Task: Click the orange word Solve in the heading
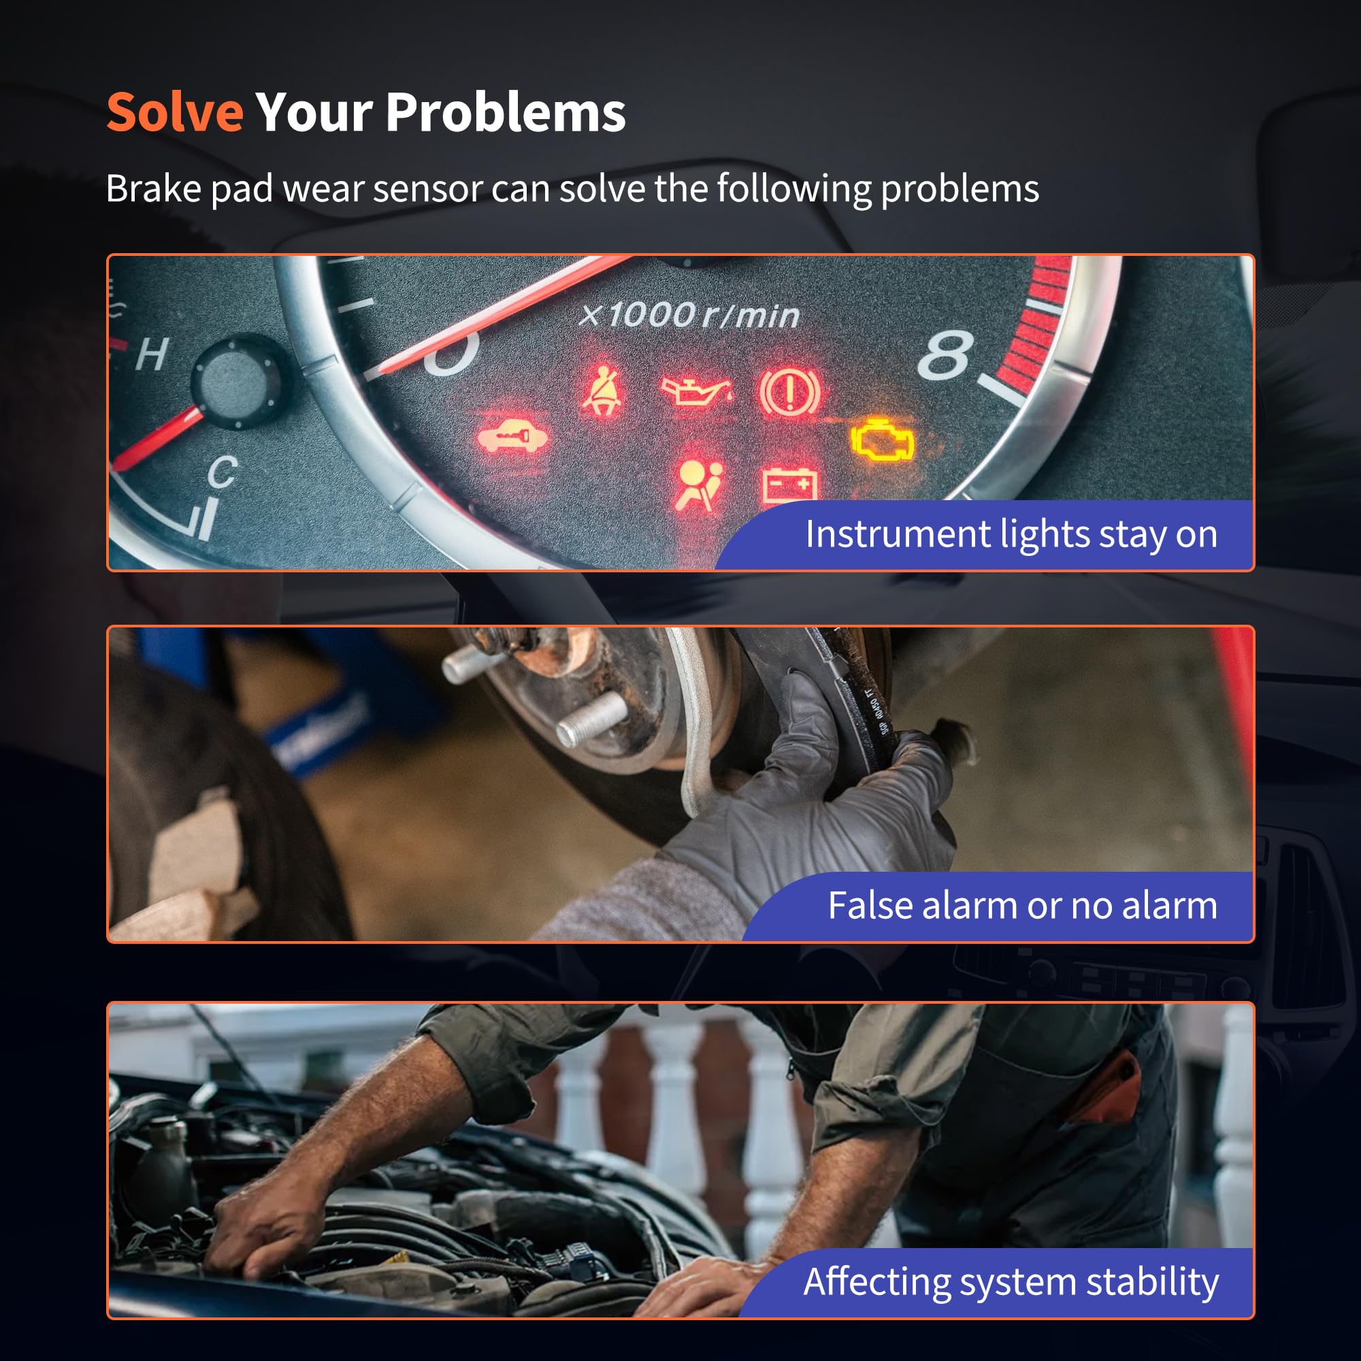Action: pos(175,112)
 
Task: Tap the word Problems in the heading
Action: pos(506,112)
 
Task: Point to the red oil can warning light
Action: pos(696,391)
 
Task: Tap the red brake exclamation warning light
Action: pos(789,392)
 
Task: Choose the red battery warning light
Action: pos(790,485)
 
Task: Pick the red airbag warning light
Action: pos(698,485)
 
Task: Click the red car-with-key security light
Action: pos(512,437)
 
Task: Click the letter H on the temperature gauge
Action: pos(152,354)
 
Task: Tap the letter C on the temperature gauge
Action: pos(223,472)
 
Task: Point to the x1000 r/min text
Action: pos(689,315)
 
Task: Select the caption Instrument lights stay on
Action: pos(1011,534)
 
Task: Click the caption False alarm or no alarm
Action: pos(1022,905)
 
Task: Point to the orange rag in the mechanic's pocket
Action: pos(1106,1087)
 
